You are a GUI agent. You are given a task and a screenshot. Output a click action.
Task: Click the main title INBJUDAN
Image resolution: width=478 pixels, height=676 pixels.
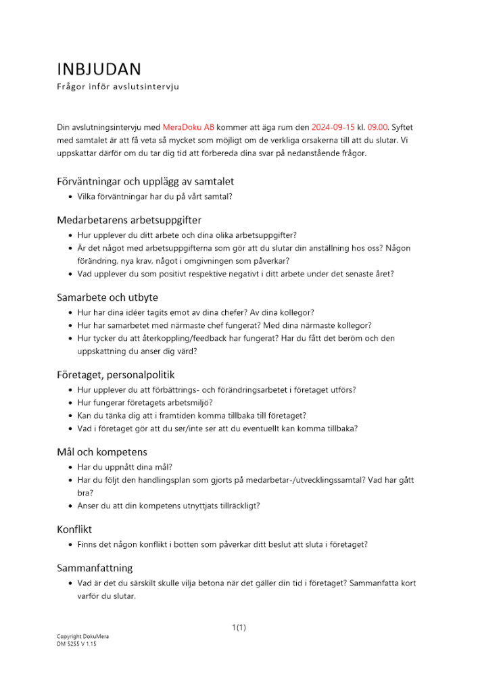tap(99, 69)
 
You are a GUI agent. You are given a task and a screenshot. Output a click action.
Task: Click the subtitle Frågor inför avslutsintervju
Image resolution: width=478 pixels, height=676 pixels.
tap(117, 87)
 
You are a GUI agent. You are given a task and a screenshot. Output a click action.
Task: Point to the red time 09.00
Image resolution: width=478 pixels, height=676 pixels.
tap(378, 127)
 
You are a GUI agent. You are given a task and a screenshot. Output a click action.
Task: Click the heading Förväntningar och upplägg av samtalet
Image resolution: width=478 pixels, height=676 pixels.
tap(145, 181)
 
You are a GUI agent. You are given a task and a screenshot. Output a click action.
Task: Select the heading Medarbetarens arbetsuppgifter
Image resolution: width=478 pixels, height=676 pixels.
tap(128, 220)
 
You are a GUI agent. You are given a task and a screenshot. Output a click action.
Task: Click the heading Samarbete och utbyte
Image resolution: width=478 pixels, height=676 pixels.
tap(107, 297)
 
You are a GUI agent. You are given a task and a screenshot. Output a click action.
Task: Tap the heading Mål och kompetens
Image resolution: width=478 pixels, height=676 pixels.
tap(101, 452)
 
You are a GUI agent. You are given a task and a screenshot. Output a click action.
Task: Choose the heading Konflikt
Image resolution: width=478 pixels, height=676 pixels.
tap(74, 529)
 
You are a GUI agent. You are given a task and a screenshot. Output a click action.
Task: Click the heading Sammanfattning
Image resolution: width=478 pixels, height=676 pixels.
tap(95, 567)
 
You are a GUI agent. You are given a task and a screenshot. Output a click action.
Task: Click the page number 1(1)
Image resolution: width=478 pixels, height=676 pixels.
tap(239, 628)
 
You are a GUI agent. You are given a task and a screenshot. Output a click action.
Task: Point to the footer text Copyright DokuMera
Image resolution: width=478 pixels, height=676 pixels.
tap(82, 637)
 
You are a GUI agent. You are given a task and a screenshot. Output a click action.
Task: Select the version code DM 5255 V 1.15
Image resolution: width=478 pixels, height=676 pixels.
tap(76, 644)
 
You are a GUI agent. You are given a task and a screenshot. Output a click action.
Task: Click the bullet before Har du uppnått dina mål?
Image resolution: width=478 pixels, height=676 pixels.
tap(71, 467)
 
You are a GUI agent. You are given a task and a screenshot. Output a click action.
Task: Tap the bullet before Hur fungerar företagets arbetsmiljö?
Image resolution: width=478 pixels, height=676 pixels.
tap(71, 403)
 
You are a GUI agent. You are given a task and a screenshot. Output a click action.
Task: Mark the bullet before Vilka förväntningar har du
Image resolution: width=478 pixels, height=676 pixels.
tap(71, 197)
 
